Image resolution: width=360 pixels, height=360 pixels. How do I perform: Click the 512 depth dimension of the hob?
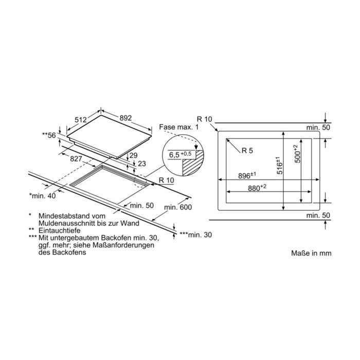point(81,120)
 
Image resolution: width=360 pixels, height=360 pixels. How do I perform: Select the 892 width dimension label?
point(125,118)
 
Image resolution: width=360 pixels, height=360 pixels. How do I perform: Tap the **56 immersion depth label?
point(49,135)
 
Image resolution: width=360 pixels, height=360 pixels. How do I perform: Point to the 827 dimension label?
point(76,158)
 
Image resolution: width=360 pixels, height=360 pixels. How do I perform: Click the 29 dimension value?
point(133,155)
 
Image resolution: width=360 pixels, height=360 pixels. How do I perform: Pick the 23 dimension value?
point(142,164)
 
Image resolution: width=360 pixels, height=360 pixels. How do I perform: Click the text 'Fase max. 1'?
point(179,127)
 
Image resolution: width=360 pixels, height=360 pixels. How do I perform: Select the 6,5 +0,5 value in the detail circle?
point(180,154)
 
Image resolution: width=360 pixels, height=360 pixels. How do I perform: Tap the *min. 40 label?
point(43,195)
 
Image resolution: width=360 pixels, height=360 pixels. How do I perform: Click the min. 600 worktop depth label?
point(178,207)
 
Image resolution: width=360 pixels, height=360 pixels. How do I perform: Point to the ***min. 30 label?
point(195,235)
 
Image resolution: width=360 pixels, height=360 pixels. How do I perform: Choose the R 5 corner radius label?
point(247,150)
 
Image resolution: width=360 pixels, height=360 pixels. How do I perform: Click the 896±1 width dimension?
point(247,176)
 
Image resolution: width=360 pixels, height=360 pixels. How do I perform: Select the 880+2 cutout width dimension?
point(257,188)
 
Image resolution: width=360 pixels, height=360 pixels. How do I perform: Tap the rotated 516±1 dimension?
point(279,165)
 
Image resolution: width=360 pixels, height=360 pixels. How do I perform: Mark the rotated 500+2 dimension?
point(297,154)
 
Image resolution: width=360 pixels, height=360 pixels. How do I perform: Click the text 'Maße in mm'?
point(311,253)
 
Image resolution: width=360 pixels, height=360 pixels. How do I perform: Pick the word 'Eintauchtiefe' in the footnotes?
point(60,230)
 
